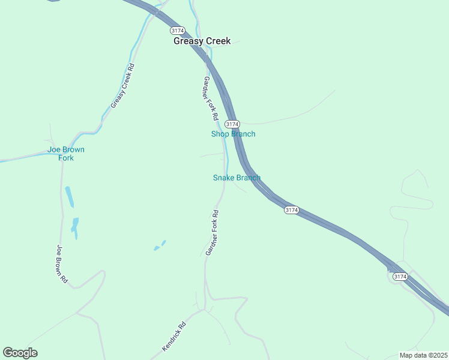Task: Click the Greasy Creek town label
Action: (x=202, y=41)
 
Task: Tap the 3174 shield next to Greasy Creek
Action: (x=176, y=30)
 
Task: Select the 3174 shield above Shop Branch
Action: (x=232, y=124)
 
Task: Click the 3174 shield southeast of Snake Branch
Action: (x=291, y=210)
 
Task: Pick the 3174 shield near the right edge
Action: (x=400, y=277)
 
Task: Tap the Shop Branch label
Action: (x=233, y=134)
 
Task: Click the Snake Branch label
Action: (x=237, y=178)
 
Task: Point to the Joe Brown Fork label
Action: (x=66, y=154)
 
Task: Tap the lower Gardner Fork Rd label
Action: (x=212, y=233)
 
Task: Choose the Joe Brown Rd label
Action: (x=62, y=263)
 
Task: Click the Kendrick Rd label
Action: (x=174, y=337)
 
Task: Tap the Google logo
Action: (x=20, y=353)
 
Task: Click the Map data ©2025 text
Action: (x=423, y=355)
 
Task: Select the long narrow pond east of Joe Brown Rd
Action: (x=70, y=197)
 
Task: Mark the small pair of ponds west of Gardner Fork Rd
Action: (x=160, y=245)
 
